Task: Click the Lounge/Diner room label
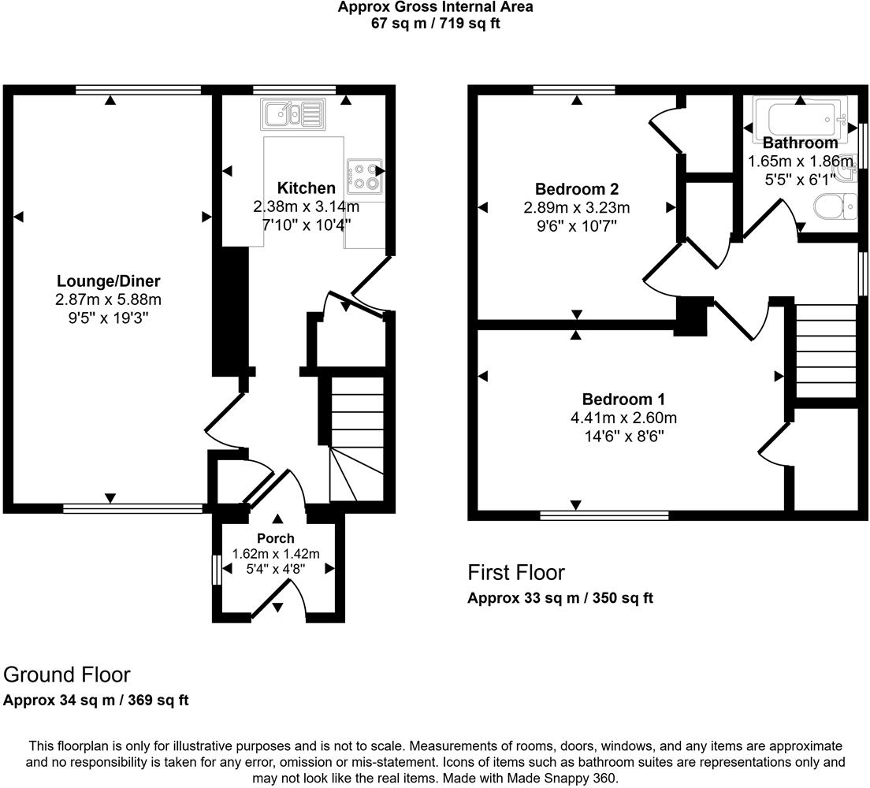tap(109, 281)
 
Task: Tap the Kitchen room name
tap(306, 188)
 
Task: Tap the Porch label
tap(275, 539)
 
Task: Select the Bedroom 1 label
tap(619, 399)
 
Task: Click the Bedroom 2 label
tap(576, 189)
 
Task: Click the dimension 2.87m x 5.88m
tap(109, 299)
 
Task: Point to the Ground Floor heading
tap(67, 675)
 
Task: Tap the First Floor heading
tap(516, 572)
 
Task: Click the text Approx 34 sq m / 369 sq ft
tap(96, 700)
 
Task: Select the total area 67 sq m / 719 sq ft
tap(435, 23)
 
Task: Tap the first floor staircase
tap(825, 351)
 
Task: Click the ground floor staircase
tap(355, 437)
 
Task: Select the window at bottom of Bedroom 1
tap(604, 515)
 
